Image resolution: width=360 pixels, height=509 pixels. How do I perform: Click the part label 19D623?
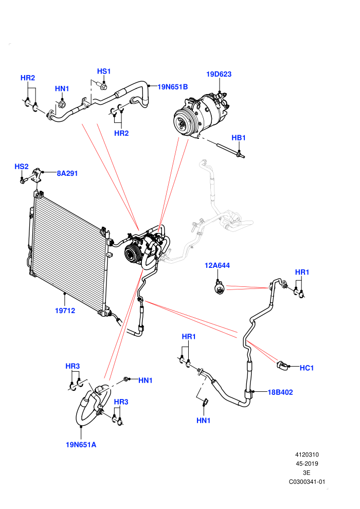click(219, 74)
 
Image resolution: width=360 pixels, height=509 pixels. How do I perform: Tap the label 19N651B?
click(173, 87)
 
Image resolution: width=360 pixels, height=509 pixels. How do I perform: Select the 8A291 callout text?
click(67, 173)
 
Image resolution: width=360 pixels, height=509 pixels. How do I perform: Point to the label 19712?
click(65, 311)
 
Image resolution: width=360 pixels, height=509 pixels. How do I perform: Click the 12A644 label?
click(217, 265)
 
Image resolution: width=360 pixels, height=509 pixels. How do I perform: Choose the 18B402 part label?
click(280, 392)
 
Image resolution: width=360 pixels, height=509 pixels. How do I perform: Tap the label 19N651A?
click(81, 445)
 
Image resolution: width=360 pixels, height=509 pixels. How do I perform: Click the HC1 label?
click(307, 368)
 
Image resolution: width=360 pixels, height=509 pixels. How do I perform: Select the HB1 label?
click(239, 138)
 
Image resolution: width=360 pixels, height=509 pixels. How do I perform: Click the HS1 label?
click(104, 71)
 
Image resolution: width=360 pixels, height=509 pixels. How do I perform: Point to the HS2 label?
click(22, 167)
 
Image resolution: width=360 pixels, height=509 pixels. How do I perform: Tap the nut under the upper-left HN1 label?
click(62, 104)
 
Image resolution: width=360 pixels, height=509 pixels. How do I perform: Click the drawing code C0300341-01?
click(307, 482)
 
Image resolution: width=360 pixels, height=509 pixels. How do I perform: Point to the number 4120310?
click(307, 455)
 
